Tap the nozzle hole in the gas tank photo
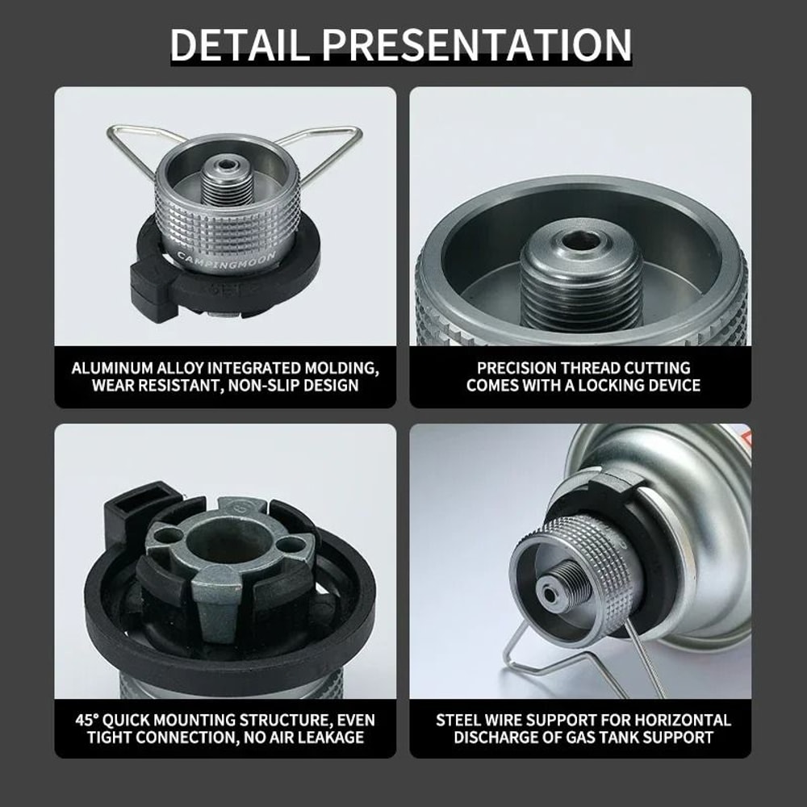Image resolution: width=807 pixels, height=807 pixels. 551,596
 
